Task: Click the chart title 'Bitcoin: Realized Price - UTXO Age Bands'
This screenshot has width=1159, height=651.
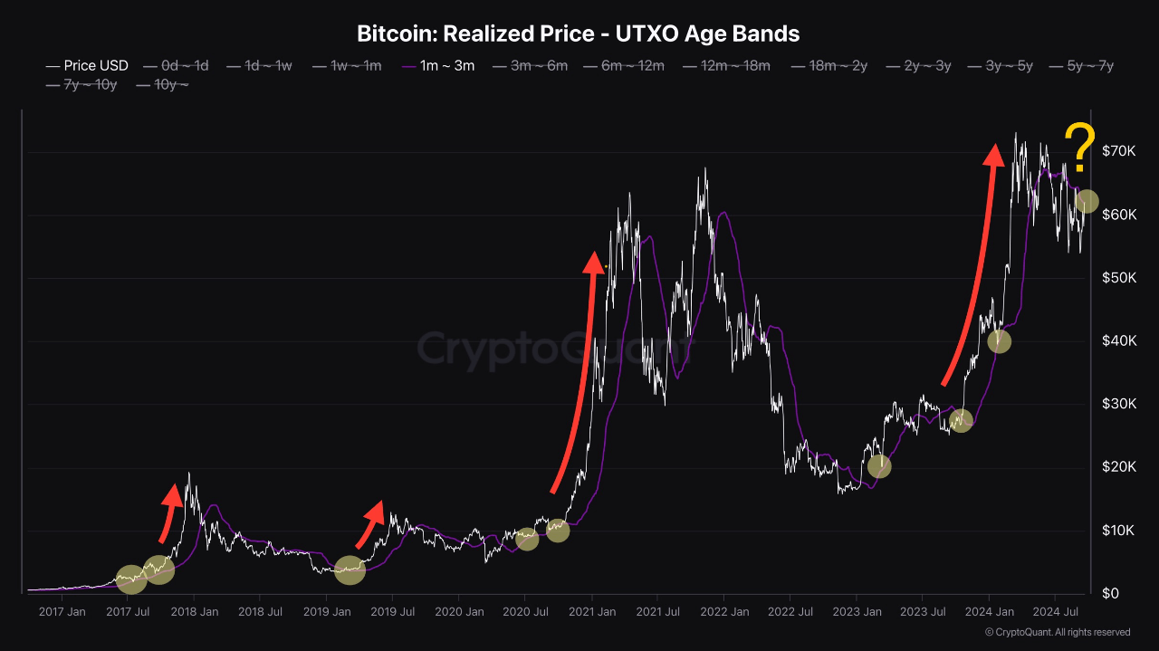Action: pyautogui.click(x=579, y=34)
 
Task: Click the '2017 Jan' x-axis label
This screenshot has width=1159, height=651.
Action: pyautogui.click(x=62, y=612)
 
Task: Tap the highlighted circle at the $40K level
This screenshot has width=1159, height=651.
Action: pyautogui.click(x=999, y=341)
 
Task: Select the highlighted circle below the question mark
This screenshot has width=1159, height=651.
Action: pyautogui.click(x=1087, y=201)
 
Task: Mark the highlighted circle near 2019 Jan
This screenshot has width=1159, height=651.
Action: pyautogui.click(x=350, y=570)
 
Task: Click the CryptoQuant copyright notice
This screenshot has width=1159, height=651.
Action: pyautogui.click(x=1057, y=632)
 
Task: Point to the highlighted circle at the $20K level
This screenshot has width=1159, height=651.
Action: pyautogui.click(x=878, y=466)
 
